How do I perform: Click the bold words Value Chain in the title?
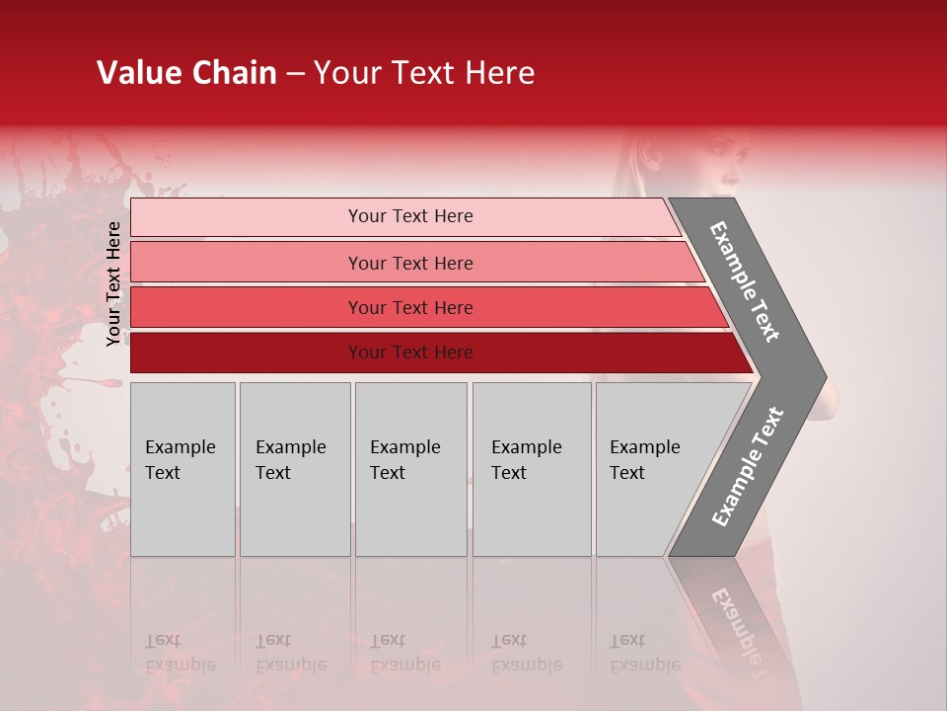click(186, 73)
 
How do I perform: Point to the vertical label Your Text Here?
click(113, 283)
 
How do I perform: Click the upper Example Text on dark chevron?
click(746, 281)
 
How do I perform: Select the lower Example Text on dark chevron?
click(748, 466)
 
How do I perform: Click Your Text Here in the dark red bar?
click(410, 353)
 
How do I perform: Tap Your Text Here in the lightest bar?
click(410, 216)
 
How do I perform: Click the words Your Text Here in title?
click(424, 73)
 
